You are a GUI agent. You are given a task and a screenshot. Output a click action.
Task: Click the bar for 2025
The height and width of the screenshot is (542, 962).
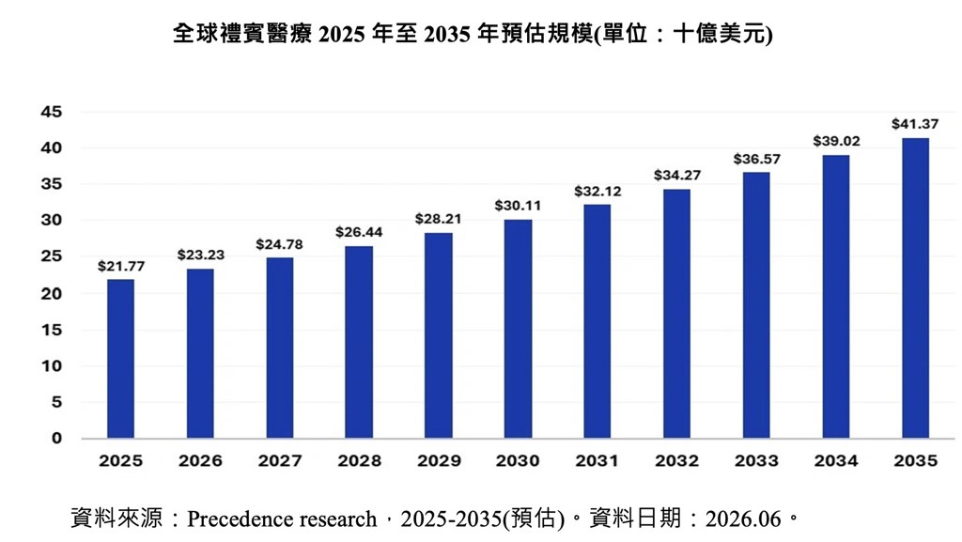tap(120, 359)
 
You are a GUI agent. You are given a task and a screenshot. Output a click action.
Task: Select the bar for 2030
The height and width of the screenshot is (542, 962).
tap(518, 329)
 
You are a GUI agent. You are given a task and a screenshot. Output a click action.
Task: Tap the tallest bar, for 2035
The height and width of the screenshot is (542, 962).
tap(915, 287)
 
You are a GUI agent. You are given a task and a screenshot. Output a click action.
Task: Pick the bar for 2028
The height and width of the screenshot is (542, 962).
tap(359, 342)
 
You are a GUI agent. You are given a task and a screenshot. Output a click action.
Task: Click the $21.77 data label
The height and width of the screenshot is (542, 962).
tap(121, 266)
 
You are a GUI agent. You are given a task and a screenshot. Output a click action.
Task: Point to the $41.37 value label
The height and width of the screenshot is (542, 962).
tap(915, 124)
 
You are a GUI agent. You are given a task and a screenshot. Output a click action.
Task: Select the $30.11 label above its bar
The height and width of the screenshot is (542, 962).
tap(518, 206)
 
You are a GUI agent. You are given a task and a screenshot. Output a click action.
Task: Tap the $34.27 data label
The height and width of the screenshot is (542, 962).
tap(676, 176)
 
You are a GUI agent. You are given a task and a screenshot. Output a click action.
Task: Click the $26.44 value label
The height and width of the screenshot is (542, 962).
tap(359, 232)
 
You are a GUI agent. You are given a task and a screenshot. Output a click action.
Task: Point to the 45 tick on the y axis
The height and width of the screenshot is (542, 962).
tap(52, 112)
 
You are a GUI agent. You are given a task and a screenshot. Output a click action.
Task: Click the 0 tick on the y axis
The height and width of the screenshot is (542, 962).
tap(56, 438)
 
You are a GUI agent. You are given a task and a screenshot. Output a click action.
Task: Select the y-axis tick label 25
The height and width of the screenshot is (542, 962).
tap(52, 256)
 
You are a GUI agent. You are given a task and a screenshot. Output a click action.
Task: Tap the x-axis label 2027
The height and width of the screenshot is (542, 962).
tap(280, 460)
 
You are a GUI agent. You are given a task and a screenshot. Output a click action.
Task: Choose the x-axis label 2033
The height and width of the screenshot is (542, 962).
tap(756, 460)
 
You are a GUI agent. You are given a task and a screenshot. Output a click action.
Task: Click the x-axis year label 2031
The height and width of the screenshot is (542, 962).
tap(597, 460)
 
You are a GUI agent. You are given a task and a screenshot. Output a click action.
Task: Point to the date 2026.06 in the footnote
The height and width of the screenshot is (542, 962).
tap(743, 519)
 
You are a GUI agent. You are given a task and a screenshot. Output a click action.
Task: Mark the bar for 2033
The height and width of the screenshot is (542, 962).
tap(756, 304)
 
